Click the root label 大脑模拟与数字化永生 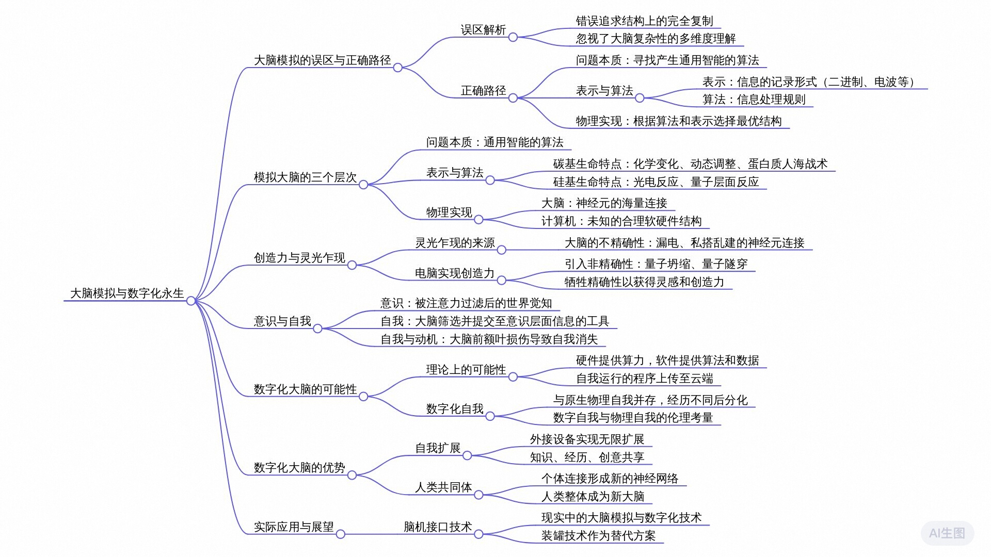tap(127, 293)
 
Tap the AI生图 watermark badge tap(947, 533)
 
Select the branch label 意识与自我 tap(282, 321)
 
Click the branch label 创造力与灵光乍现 tap(299, 258)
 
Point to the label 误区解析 tap(483, 30)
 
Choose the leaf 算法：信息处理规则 tap(754, 100)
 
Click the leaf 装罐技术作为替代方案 tap(598, 536)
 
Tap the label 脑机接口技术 tap(438, 527)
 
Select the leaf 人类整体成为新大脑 tap(593, 497)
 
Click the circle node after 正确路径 tap(513, 98)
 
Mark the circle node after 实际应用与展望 tap(340, 534)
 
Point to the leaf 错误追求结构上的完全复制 tap(644, 21)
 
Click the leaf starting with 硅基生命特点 tap(656, 182)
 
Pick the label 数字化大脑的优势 tap(299, 468)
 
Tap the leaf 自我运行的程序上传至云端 tap(644, 379)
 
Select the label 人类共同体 tap(443, 487)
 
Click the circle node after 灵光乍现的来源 tap(501, 250)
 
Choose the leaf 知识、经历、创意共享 tap(587, 457)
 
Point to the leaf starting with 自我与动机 tap(489, 339)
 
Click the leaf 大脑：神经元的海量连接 tap(604, 203)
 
